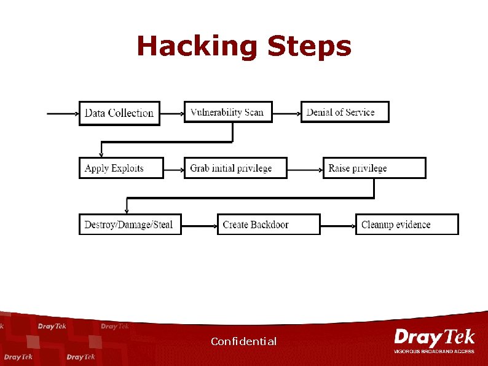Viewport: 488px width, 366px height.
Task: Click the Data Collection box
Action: pyautogui.click(x=119, y=113)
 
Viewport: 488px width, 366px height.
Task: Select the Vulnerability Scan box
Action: pyautogui.click(x=227, y=112)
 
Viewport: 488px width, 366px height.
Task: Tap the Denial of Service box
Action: pyautogui.click(x=344, y=112)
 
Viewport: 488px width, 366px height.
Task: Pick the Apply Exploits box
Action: pyautogui.click(x=121, y=168)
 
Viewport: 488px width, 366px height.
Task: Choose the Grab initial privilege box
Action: pyautogui.click(x=235, y=168)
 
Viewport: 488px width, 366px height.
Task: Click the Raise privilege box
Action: pyautogui.click(x=374, y=168)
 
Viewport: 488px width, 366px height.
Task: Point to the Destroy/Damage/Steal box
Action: pyautogui.click(x=130, y=225)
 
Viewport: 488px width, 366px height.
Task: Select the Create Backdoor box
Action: pyautogui.click(x=269, y=225)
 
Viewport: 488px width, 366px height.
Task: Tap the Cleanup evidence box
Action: pyautogui.click(x=406, y=225)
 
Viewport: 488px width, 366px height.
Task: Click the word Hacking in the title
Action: pyautogui.click(x=197, y=47)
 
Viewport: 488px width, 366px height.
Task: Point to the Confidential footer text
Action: pyautogui.click(x=243, y=341)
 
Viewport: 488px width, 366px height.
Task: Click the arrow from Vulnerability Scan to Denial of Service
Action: pyautogui.click(x=286, y=113)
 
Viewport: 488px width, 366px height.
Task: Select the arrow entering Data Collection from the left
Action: pyautogui.click(x=63, y=113)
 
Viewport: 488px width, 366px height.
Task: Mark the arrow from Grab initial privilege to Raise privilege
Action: pyautogui.click(x=305, y=168)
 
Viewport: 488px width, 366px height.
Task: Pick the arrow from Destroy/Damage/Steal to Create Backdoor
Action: pyautogui.click(x=199, y=225)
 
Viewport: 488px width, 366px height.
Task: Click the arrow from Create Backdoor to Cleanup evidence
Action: pyautogui.click(x=337, y=225)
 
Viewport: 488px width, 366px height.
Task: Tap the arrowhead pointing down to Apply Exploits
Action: pyautogui.click(x=101, y=154)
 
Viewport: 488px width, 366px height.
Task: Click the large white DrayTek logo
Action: pyautogui.click(x=434, y=338)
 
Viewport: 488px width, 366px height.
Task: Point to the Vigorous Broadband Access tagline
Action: pyautogui.click(x=434, y=351)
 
